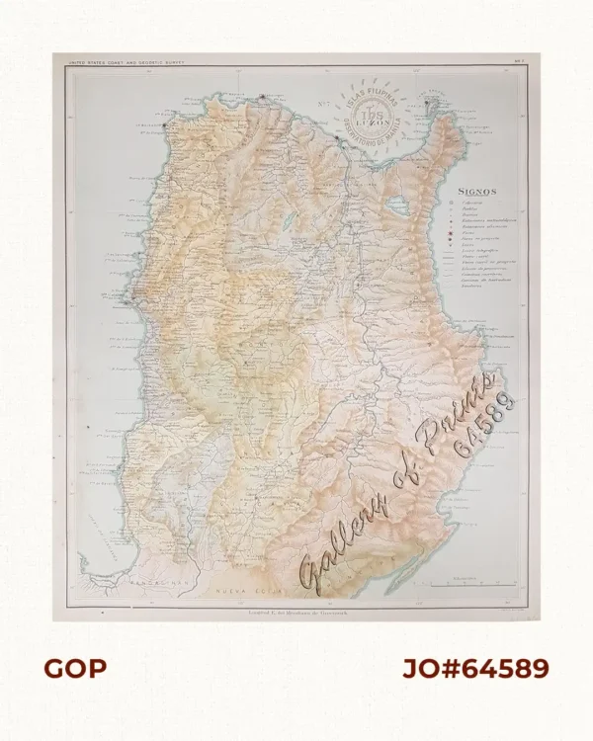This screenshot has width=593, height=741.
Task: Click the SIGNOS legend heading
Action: click(x=477, y=191)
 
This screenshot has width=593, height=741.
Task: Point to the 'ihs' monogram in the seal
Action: click(x=376, y=108)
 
